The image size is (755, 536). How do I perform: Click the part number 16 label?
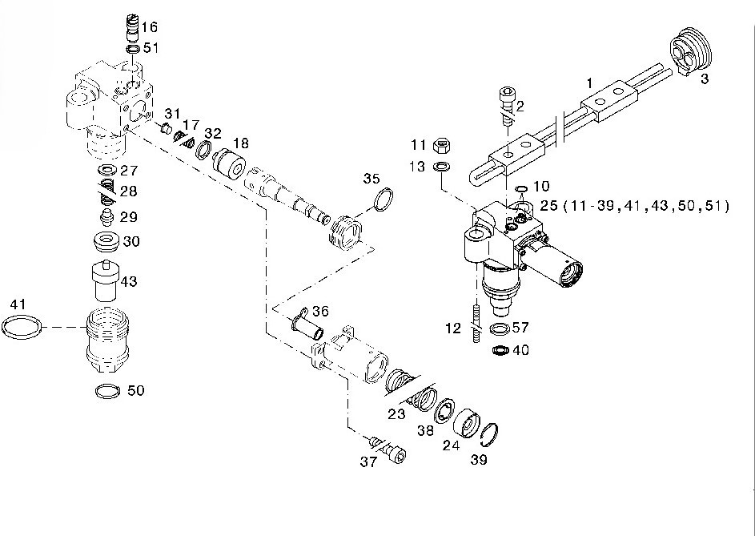(150, 27)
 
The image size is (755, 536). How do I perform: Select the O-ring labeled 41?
(22, 327)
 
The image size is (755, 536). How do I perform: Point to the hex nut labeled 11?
(440, 146)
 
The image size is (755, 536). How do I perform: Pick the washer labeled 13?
(440, 167)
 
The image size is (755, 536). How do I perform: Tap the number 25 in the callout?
(548, 206)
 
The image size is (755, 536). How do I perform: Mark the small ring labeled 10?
(521, 190)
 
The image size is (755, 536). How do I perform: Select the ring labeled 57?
(500, 329)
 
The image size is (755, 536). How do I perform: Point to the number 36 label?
(320, 311)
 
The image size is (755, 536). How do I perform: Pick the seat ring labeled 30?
(106, 240)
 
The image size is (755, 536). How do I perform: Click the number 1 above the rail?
(589, 83)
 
